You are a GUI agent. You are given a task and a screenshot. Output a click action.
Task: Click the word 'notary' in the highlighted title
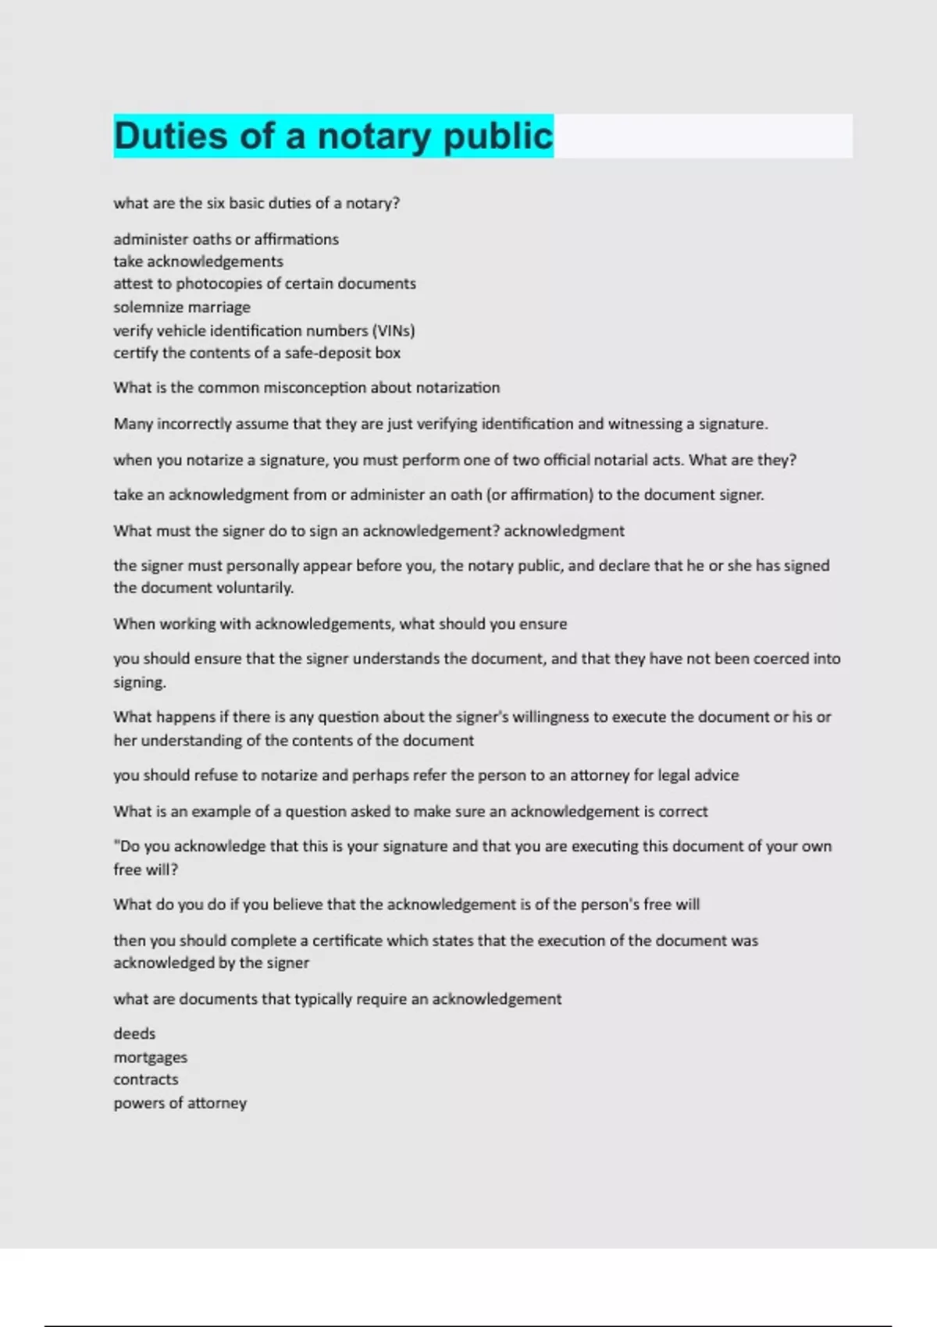(374, 137)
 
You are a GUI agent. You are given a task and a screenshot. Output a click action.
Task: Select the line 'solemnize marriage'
(182, 307)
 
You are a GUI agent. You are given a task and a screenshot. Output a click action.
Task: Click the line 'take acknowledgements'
(198, 261)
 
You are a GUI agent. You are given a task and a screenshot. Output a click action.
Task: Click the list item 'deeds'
(134, 1033)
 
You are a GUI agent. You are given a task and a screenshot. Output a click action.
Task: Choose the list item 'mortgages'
(151, 1058)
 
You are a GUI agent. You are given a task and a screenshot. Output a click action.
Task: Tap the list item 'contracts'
(146, 1080)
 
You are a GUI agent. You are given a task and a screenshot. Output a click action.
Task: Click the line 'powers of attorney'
(180, 1103)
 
